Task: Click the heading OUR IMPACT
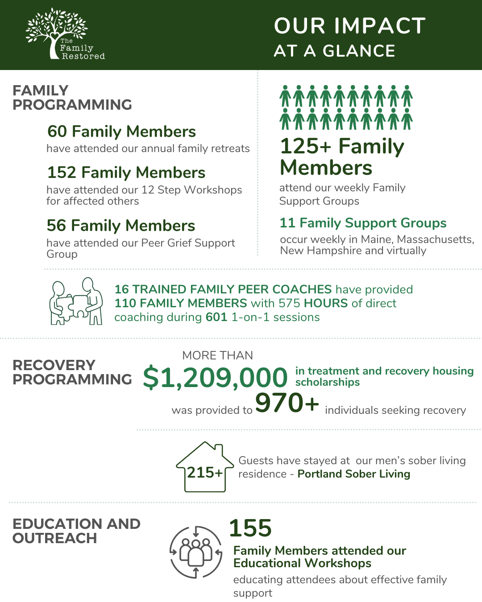coord(350,26)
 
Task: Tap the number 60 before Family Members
coord(57,132)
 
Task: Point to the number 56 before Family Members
coord(56,226)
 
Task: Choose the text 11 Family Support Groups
coord(363,223)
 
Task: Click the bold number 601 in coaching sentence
coord(216,317)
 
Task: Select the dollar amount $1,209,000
coord(215,378)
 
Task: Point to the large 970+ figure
coord(287,403)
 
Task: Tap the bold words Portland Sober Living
coord(353,474)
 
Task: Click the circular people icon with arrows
coord(195,552)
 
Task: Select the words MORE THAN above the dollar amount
coord(217,355)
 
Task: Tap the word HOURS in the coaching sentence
coord(326,303)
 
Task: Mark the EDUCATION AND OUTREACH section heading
coord(76,531)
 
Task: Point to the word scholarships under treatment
coord(327,382)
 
